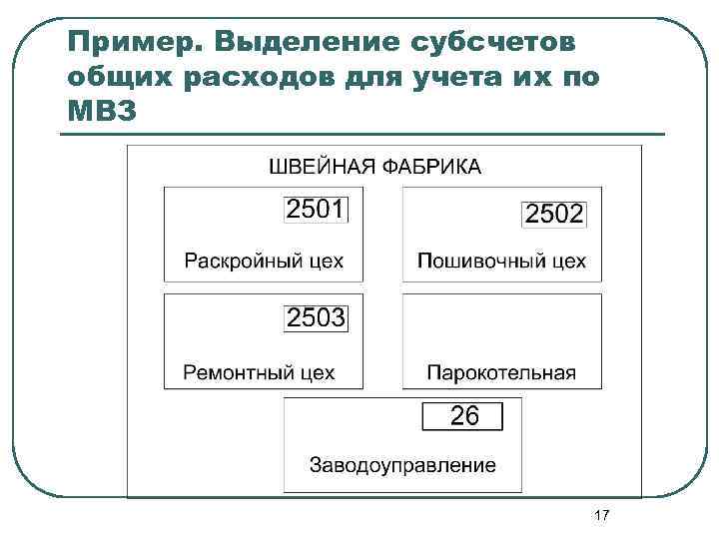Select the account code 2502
tap(554, 214)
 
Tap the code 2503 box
tap(317, 318)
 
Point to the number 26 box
tap(464, 416)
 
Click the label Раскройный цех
tap(264, 262)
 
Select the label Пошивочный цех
tap(501, 262)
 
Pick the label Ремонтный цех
tap(260, 372)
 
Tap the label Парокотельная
tap(501, 372)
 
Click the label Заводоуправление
tap(402, 464)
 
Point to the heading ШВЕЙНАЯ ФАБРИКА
tap(375, 166)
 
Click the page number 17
tap(601, 515)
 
